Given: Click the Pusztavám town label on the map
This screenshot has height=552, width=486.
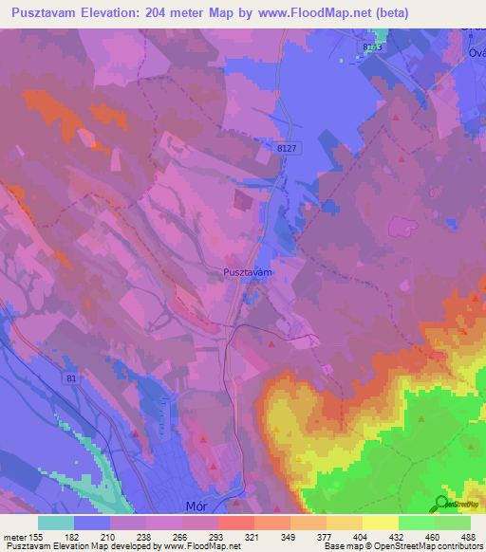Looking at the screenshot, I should [x=248, y=272].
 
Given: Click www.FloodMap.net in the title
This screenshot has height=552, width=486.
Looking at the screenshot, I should [x=359, y=12].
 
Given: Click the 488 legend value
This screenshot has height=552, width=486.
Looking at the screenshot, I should [x=468, y=536].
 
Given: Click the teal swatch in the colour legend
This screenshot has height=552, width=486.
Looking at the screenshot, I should [x=56, y=523].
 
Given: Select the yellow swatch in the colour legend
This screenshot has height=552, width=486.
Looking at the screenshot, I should [x=380, y=523].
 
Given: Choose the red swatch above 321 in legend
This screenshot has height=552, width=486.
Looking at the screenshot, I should [x=235, y=523].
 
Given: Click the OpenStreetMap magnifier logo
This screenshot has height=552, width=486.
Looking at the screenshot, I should [x=442, y=504].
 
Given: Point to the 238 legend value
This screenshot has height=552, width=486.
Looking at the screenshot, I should [x=144, y=536].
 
